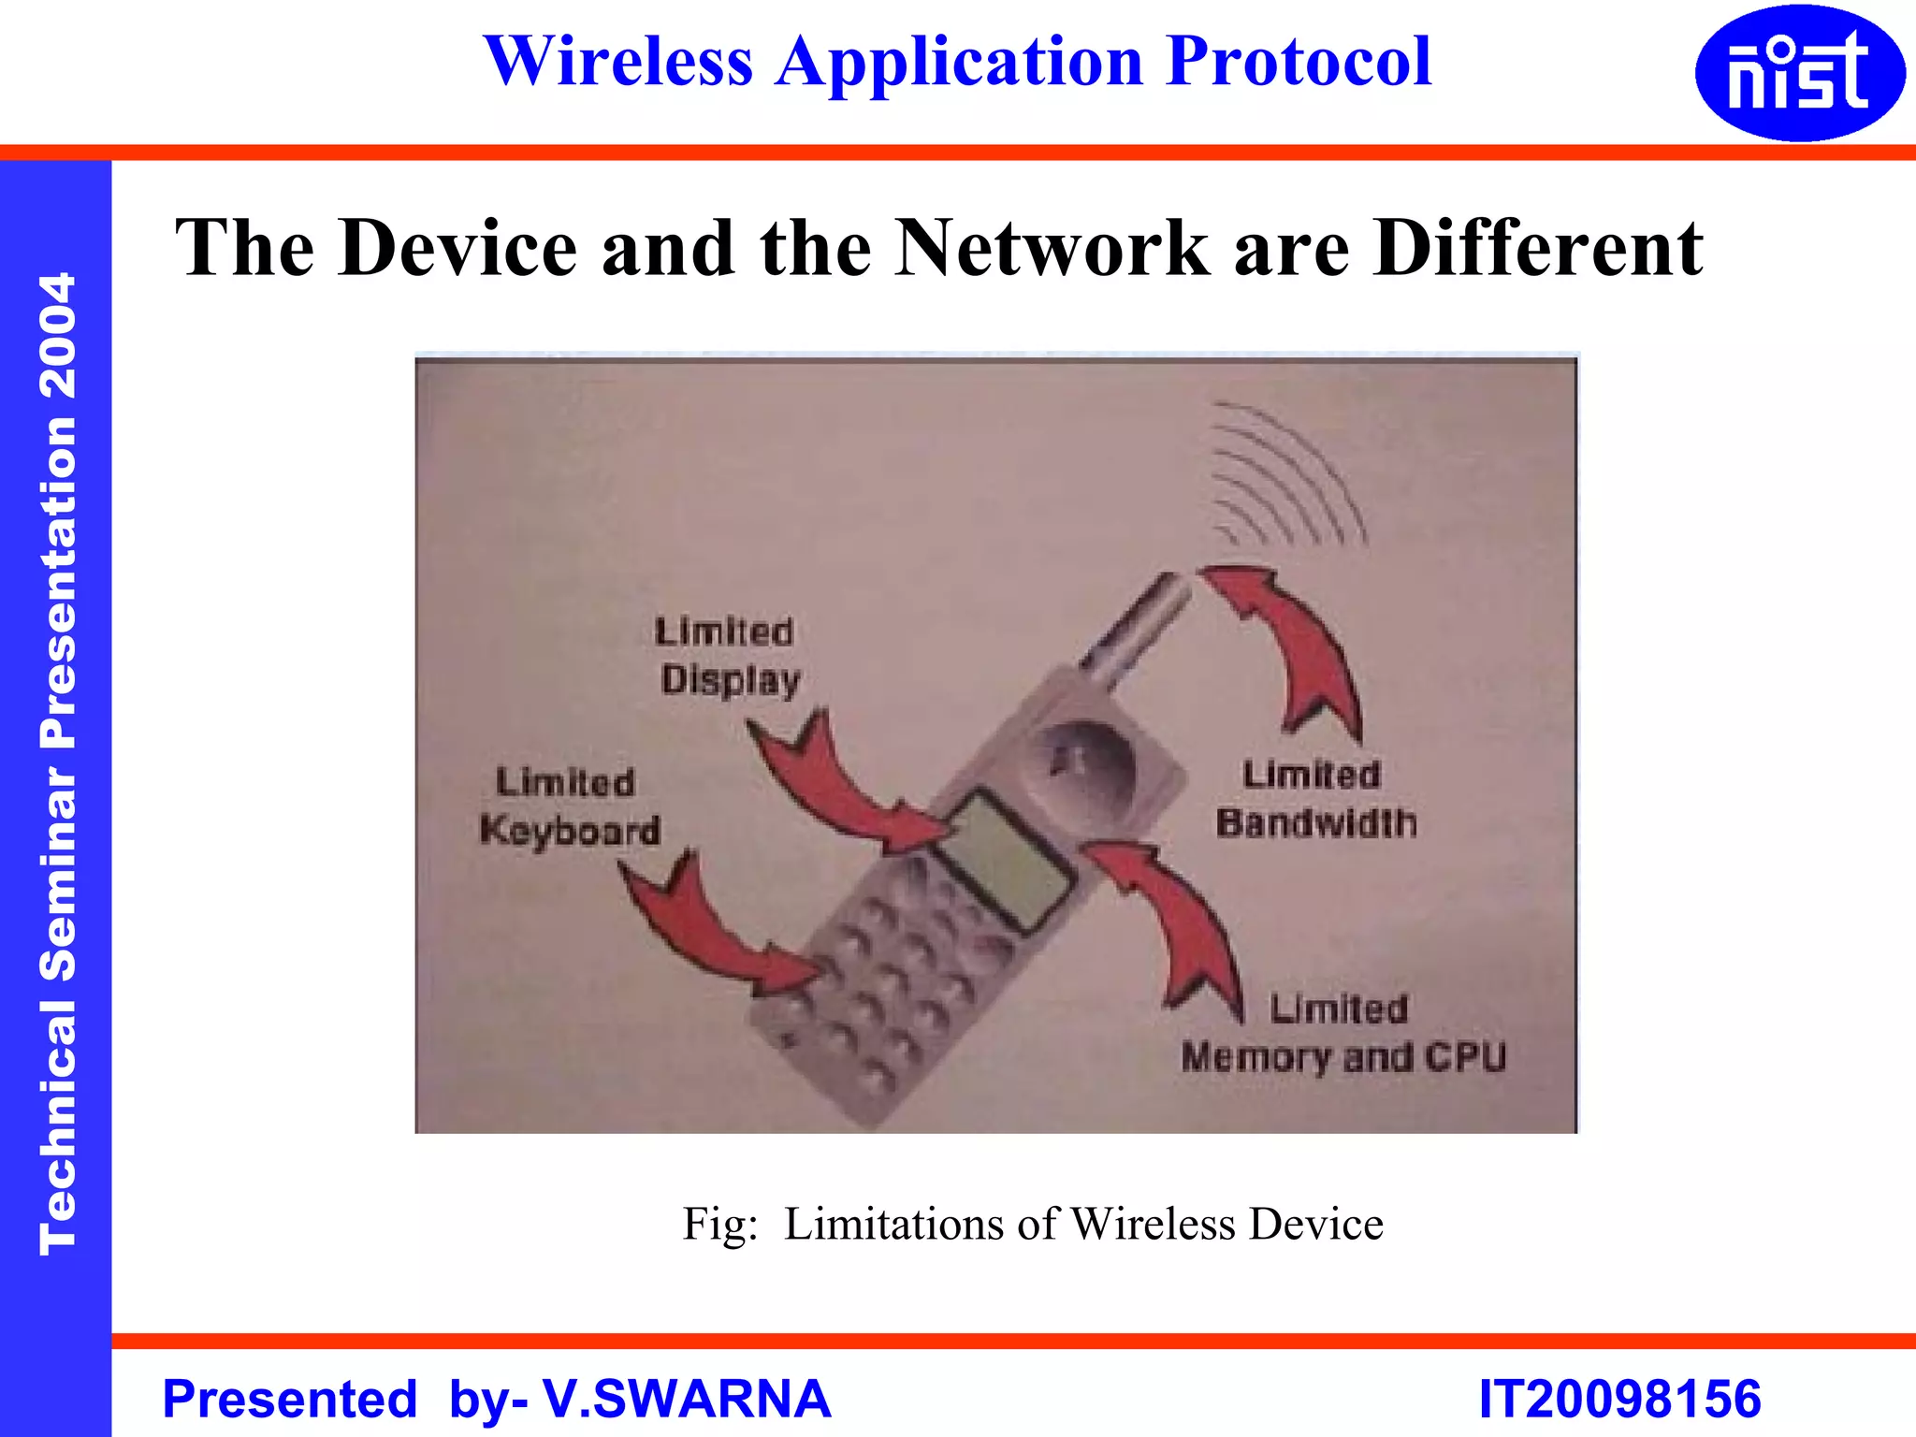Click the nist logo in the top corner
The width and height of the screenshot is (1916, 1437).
(1799, 73)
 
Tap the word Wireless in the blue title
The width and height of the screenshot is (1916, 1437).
(618, 62)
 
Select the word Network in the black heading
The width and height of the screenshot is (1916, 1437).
(1052, 248)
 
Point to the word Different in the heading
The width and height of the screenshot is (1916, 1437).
(1538, 248)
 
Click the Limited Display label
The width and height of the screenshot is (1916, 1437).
(727, 656)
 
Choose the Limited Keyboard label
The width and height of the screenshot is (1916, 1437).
(568, 806)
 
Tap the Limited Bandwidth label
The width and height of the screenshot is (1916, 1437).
(1315, 799)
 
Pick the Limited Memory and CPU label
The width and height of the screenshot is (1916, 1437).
(1343, 1034)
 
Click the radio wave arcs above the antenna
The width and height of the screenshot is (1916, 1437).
(1285, 473)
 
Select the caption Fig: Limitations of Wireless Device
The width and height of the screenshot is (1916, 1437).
(1032, 1224)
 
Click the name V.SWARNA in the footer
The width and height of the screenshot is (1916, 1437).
(687, 1399)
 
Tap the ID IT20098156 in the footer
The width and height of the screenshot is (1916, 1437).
(1619, 1399)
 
